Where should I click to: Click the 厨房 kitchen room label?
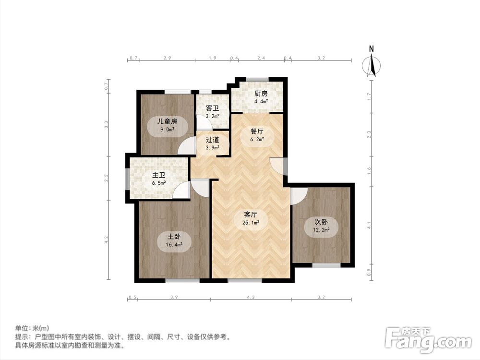click(x=261, y=94)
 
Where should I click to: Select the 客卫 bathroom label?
click(x=213, y=108)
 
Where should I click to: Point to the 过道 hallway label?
click(x=213, y=140)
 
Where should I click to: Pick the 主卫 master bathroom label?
click(x=159, y=175)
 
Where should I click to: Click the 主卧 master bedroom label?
click(x=174, y=237)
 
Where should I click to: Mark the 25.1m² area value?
click(x=252, y=223)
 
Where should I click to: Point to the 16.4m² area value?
click(x=174, y=244)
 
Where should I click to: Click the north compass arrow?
click(x=371, y=65)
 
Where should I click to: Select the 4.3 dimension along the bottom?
click(x=251, y=298)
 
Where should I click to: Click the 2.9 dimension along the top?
click(x=167, y=58)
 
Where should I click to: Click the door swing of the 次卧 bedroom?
click(x=298, y=195)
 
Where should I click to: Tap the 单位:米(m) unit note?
click(x=32, y=328)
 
